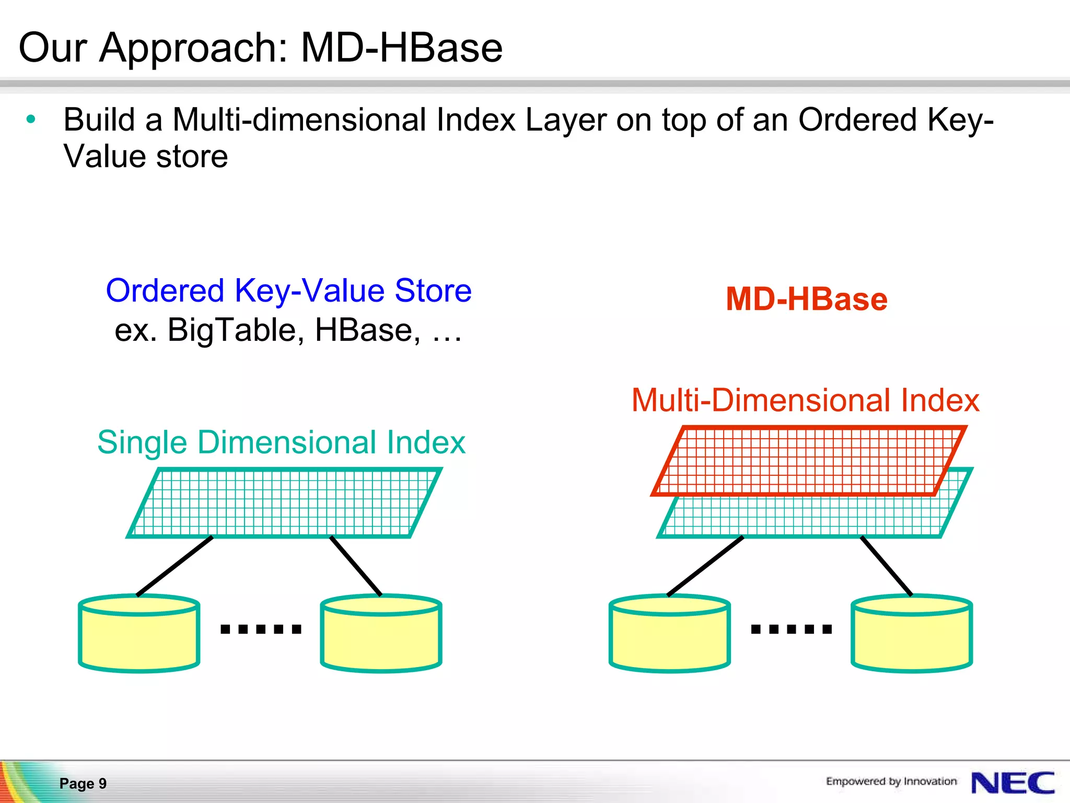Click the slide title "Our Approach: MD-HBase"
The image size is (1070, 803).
pyautogui.click(x=260, y=48)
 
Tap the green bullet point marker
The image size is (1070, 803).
pyautogui.click(x=31, y=120)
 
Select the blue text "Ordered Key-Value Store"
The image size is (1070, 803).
pyautogui.click(x=288, y=291)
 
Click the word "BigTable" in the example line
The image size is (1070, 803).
pyautogui.click(x=236, y=330)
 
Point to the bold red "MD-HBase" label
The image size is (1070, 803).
pyautogui.click(x=806, y=300)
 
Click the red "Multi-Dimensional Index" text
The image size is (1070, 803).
pyautogui.click(x=805, y=400)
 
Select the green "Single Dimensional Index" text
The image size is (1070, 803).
pyautogui.click(x=281, y=442)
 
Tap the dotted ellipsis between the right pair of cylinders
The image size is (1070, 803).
pyautogui.click(x=791, y=629)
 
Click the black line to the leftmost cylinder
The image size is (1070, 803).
pyautogui.click(x=175, y=566)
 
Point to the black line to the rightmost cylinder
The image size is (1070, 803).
pyautogui.click(x=886, y=566)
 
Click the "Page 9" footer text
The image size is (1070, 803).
pyautogui.click(x=83, y=783)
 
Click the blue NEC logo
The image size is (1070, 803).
pyautogui.click(x=1012, y=783)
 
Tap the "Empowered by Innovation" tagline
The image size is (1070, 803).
pyautogui.click(x=891, y=782)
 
